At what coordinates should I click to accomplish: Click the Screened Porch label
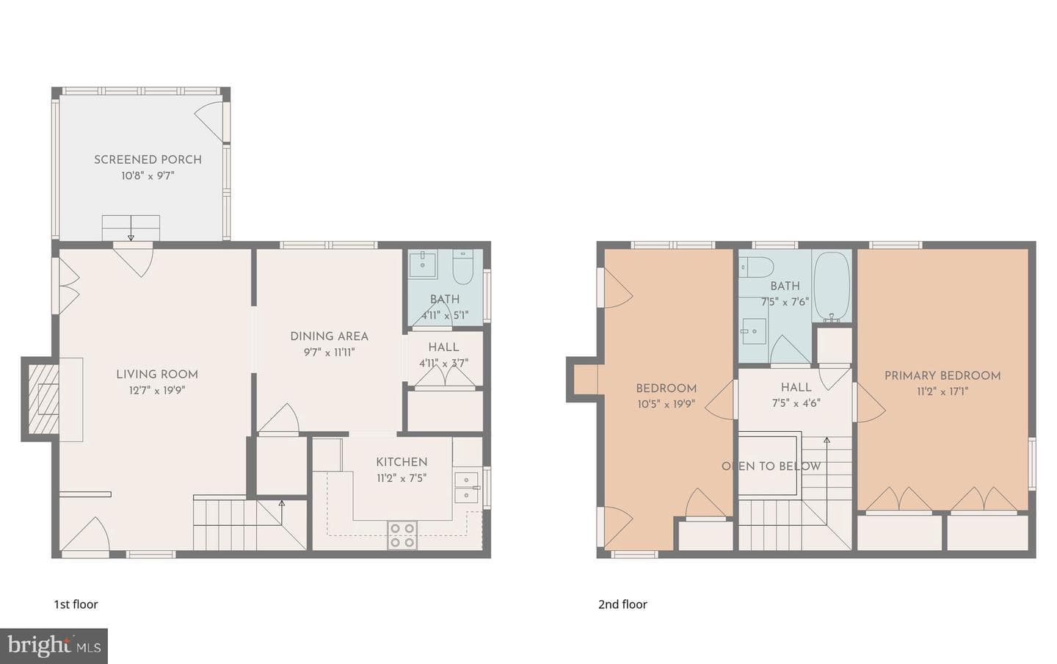pyautogui.click(x=148, y=159)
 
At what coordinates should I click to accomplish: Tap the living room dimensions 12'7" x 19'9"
pyautogui.click(x=157, y=391)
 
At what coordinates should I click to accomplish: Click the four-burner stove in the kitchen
pyautogui.click(x=402, y=535)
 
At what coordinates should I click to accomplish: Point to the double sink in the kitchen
pyautogui.click(x=466, y=488)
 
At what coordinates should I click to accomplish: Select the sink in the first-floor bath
pyautogui.click(x=423, y=264)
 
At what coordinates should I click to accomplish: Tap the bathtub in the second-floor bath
pyautogui.click(x=832, y=286)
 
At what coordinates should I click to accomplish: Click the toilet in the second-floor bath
pyautogui.click(x=756, y=267)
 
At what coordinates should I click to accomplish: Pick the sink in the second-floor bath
pyautogui.click(x=753, y=331)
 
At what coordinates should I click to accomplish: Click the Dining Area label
pyautogui.click(x=330, y=336)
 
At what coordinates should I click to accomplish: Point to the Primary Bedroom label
pyautogui.click(x=942, y=375)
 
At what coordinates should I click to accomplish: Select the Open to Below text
pyautogui.click(x=771, y=466)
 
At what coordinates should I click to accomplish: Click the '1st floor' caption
pyautogui.click(x=76, y=604)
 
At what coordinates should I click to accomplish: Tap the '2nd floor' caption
pyautogui.click(x=623, y=604)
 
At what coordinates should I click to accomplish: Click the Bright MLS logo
pyautogui.click(x=54, y=646)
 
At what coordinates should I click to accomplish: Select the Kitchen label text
pyautogui.click(x=402, y=462)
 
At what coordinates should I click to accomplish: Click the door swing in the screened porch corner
pyautogui.click(x=208, y=120)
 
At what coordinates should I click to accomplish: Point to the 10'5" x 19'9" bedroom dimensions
pyautogui.click(x=666, y=405)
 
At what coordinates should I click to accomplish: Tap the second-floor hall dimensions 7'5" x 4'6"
pyautogui.click(x=796, y=403)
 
